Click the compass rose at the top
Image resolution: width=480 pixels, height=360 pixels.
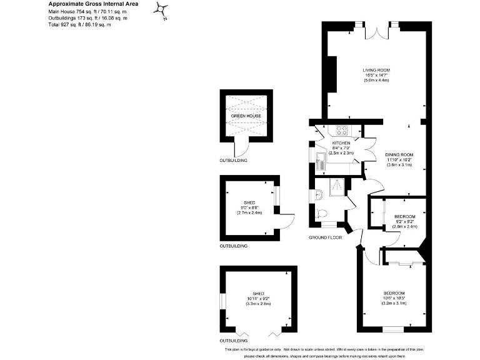(162, 10)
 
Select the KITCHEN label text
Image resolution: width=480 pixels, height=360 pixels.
(332, 143)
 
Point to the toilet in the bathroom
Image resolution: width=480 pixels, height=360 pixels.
(322, 212)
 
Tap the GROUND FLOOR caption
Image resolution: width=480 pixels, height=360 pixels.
(326, 238)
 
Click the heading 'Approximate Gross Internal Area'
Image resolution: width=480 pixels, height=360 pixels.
(94, 4)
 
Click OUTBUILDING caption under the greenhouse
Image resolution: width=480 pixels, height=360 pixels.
(233, 161)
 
